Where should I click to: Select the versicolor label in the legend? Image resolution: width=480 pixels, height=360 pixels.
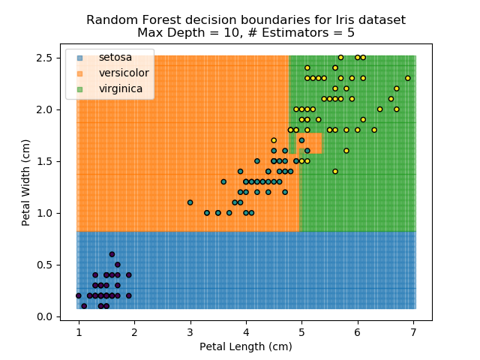point(124,73)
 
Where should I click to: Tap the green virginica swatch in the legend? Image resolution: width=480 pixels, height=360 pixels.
point(79,88)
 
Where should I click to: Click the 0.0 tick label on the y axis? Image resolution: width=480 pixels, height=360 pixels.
point(48,316)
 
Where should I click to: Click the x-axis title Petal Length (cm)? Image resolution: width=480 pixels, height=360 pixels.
point(246,346)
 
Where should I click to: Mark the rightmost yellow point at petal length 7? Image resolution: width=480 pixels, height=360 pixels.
point(408,78)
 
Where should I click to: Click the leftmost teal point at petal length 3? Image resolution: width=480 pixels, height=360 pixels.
point(190,202)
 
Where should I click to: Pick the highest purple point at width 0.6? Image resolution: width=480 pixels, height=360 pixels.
point(112,254)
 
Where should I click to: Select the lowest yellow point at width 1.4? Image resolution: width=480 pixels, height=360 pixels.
point(335,171)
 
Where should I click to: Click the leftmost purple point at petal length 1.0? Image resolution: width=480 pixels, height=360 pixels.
point(78,295)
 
